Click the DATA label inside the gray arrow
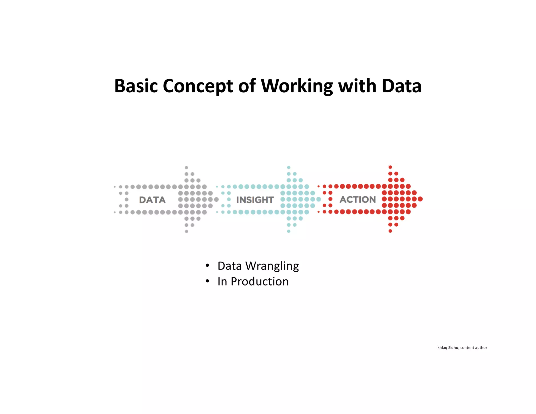pos(152,200)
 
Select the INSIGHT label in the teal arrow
pos(255,200)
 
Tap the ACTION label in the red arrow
pos(358,200)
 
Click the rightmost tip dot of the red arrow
pos(420,199)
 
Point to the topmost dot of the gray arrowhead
pos(186,167)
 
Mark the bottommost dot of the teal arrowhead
pos(289,231)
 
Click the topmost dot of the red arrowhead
pos(390,167)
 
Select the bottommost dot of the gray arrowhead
pos(186,231)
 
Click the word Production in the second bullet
pos(260,282)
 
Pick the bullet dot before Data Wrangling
pos(207,266)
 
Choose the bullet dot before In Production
pos(207,281)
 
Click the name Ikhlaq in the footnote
pos(442,348)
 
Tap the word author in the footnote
pos(481,348)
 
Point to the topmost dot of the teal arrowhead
pos(289,167)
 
